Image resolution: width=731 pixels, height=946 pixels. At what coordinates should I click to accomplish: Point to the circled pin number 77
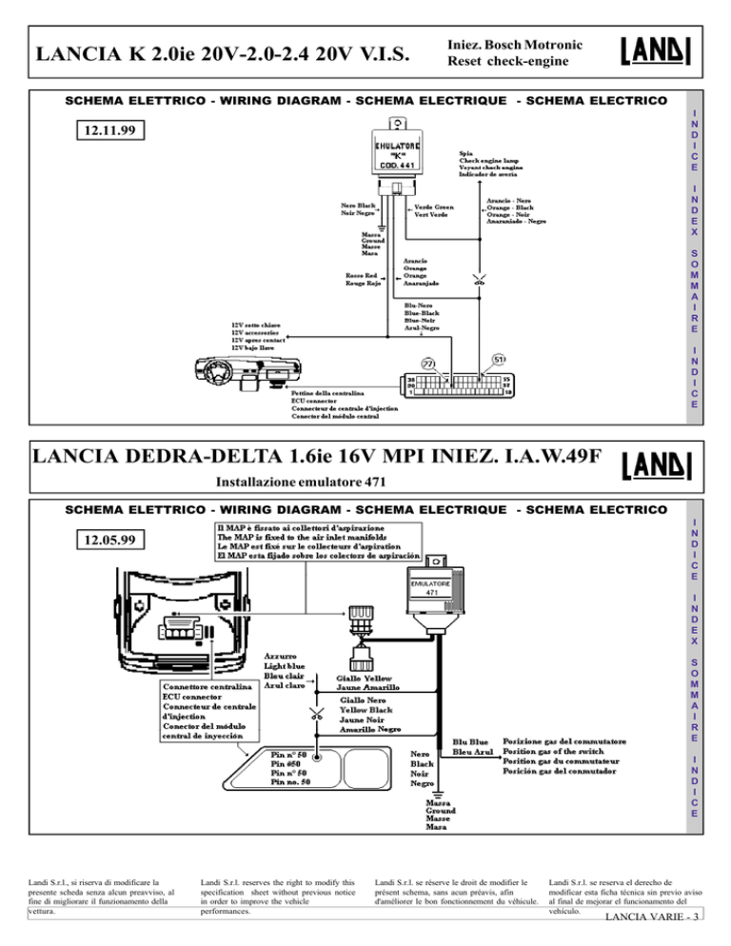point(428,363)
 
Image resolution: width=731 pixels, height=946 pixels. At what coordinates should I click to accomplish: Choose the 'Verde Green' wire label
point(434,206)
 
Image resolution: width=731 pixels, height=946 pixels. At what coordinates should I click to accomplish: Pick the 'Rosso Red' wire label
point(365,275)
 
